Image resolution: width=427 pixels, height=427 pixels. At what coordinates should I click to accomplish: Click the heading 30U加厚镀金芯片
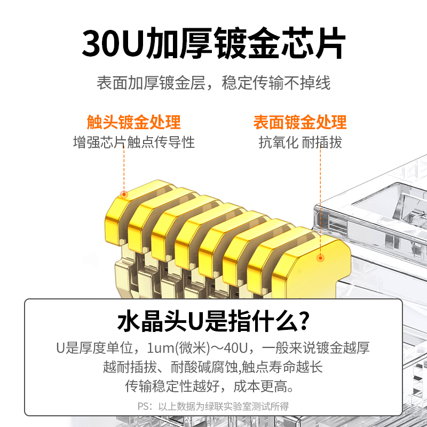click(x=213, y=43)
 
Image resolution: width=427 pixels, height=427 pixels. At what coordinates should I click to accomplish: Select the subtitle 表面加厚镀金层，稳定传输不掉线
click(x=213, y=83)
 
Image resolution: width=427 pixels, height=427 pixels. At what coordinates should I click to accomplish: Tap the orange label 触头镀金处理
click(x=133, y=122)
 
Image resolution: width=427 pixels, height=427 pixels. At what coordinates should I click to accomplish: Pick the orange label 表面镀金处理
click(x=300, y=122)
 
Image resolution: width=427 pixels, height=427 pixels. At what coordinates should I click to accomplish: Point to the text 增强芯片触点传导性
click(x=134, y=142)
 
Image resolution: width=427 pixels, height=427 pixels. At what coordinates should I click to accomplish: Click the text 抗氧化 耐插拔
click(x=300, y=142)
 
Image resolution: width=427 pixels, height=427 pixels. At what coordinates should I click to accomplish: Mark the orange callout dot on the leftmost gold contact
click(x=124, y=194)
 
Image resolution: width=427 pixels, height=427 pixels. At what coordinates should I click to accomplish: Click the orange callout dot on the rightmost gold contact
click(x=321, y=258)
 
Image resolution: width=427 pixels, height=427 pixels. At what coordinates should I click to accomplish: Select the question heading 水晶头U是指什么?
click(x=213, y=321)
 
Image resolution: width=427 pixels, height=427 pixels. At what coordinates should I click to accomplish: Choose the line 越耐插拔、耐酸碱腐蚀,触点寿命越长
click(x=213, y=367)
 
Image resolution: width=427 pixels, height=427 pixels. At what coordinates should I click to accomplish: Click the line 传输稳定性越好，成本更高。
click(x=209, y=386)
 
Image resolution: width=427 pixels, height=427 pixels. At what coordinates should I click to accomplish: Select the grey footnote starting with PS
click(x=213, y=406)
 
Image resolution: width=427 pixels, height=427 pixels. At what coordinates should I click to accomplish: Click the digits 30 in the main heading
click(x=101, y=44)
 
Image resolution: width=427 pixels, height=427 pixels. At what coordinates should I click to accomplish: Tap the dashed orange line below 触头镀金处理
click(x=124, y=169)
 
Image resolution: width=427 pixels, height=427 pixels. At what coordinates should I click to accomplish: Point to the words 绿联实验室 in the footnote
click(x=228, y=406)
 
